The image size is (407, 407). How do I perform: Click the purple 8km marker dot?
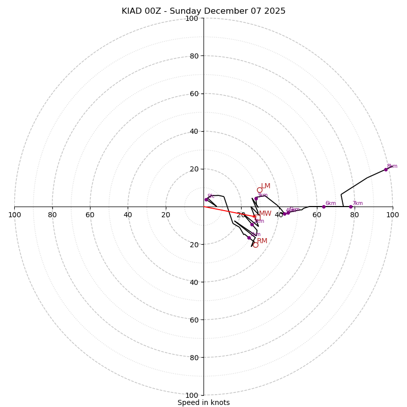point(386,169)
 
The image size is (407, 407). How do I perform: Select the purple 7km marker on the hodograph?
point(351,207)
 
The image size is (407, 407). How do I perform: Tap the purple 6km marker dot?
point(324,207)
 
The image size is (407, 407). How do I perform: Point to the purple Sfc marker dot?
point(206,199)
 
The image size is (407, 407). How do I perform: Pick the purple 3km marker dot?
point(256,199)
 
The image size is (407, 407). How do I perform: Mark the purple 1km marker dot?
point(252,224)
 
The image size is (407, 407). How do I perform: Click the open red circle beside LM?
point(259,190)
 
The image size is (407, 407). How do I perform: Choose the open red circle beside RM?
point(255,245)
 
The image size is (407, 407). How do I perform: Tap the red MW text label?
point(265,214)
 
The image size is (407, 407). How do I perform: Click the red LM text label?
point(266,186)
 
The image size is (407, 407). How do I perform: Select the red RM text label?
point(262,241)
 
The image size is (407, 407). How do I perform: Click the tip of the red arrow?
point(257,217)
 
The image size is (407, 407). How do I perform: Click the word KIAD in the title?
point(132,11)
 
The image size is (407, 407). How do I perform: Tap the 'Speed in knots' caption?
point(203,402)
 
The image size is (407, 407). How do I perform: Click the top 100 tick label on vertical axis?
point(191,18)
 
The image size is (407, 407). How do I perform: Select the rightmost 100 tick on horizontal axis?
point(392,215)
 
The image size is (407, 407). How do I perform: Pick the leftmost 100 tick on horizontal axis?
point(15,215)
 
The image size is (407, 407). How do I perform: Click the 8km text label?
point(392,166)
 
